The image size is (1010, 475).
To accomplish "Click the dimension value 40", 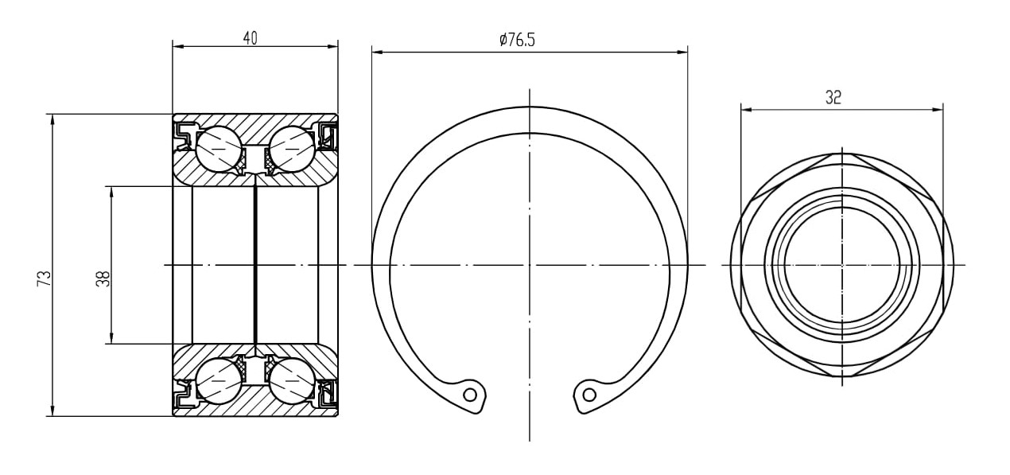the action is coord(251,38).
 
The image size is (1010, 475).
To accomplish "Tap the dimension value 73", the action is coord(45,278).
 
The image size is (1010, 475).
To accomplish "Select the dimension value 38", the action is coord(103,278).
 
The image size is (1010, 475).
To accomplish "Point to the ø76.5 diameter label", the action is coord(517,40).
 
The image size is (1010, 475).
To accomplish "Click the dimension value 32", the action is coord(833,97).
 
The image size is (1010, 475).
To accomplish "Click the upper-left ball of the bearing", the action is coord(219,149).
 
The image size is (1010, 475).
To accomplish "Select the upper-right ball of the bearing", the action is coord(292,149).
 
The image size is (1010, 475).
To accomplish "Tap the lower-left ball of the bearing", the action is coord(219,381).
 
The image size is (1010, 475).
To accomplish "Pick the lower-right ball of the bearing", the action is coord(292,381).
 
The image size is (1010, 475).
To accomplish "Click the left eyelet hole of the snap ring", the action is coord(470,395).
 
